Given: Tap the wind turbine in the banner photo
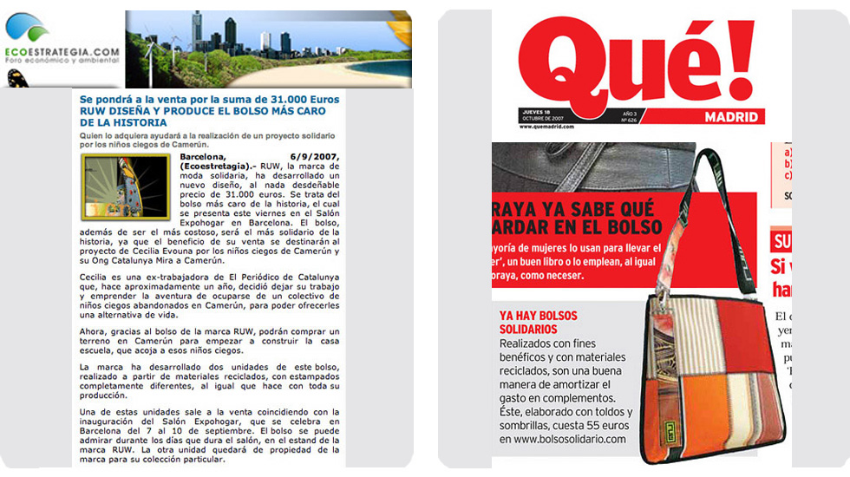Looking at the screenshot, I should tap(153, 51).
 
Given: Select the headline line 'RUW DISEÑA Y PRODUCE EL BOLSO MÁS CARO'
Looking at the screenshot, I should tap(201, 111).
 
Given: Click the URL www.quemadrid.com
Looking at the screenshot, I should tap(549, 127).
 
